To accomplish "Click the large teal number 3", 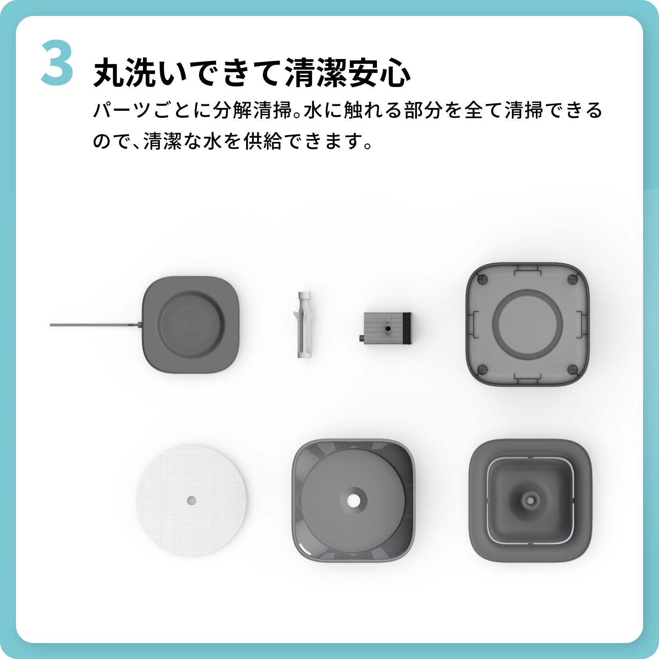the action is point(57,63).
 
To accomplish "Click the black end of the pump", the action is point(407,328).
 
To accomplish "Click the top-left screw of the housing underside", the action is point(482,279).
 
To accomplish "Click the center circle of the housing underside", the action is point(527,324).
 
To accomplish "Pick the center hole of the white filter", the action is point(191,500).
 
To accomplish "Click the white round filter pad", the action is point(191,500).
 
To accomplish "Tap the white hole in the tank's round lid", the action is point(353,500).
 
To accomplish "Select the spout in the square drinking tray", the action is point(530,499).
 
